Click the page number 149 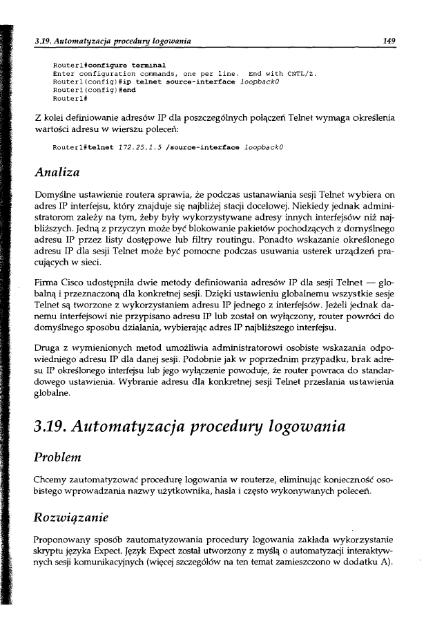coord(389,41)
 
